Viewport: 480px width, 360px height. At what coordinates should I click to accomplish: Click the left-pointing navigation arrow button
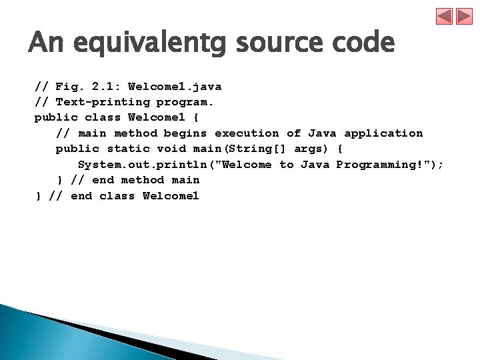click(445, 17)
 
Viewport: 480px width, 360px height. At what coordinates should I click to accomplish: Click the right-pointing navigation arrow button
click(464, 17)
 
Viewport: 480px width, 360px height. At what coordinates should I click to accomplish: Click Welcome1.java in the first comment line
click(175, 87)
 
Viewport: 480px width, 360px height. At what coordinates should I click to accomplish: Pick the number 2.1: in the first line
click(102, 87)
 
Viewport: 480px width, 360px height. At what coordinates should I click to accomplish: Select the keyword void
click(171, 149)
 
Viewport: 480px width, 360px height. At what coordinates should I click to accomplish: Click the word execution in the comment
click(247, 133)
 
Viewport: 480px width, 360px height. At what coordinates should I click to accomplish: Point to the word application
click(383, 133)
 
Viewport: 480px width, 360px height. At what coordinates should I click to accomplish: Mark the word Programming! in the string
click(379, 165)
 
